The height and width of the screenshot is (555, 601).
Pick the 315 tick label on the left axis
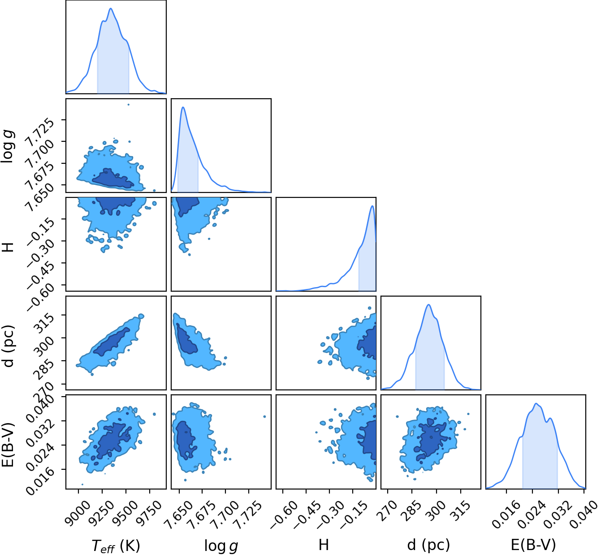point(44,324)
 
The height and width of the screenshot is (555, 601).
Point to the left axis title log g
point(7,146)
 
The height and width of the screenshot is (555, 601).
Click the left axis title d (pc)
point(8,346)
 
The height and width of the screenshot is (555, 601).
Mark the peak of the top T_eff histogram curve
point(111,8)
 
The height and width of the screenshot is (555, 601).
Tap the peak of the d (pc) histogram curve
point(428,305)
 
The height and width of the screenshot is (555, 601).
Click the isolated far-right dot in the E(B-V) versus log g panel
point(264,416)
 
